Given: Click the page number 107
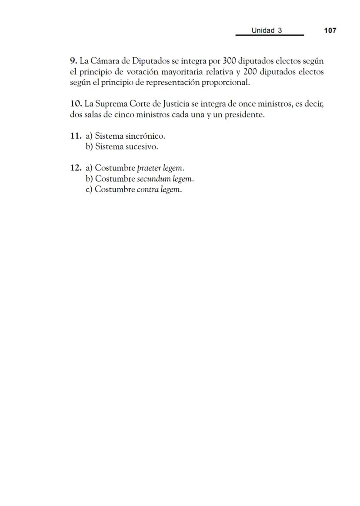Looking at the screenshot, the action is (330, 30).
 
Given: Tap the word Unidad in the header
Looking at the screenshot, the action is (263, 30).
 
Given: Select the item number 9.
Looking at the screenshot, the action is (73, 61).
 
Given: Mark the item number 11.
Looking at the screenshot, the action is (76, 136).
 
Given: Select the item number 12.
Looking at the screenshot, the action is (76, 168).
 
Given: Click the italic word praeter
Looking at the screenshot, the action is (148, 168).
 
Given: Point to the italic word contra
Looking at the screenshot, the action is (147, 190).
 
